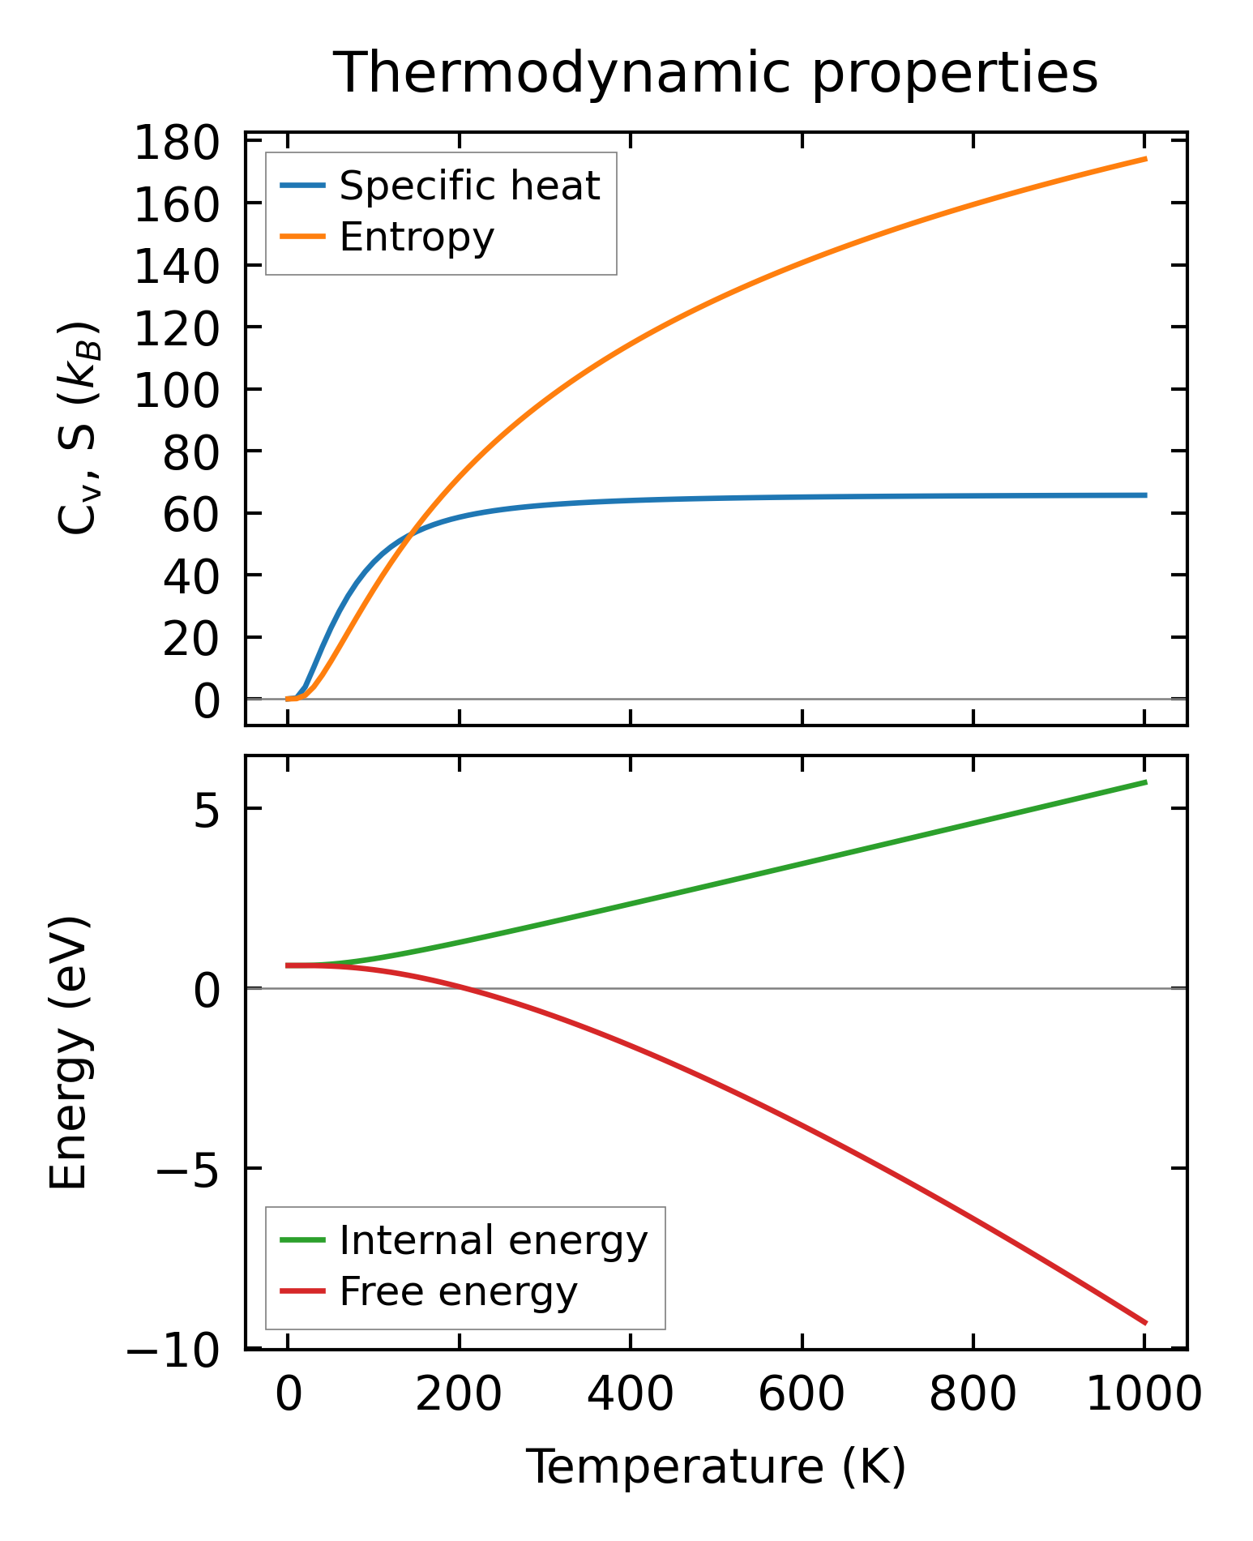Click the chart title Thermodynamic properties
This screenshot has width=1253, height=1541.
[x=716, y=74]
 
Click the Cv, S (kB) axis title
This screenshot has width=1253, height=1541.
[x=79, y=428]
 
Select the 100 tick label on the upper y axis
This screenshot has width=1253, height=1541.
[x=176, y=391]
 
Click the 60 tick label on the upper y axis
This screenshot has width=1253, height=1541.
[x=190, y=515]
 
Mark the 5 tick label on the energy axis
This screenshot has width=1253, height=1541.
[x=207, y=809]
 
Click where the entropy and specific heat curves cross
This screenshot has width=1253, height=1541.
[x=412, y=533]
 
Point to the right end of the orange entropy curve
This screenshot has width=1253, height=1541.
[x=1145, y=159]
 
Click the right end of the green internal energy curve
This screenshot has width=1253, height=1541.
[x=1145, y=781]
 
